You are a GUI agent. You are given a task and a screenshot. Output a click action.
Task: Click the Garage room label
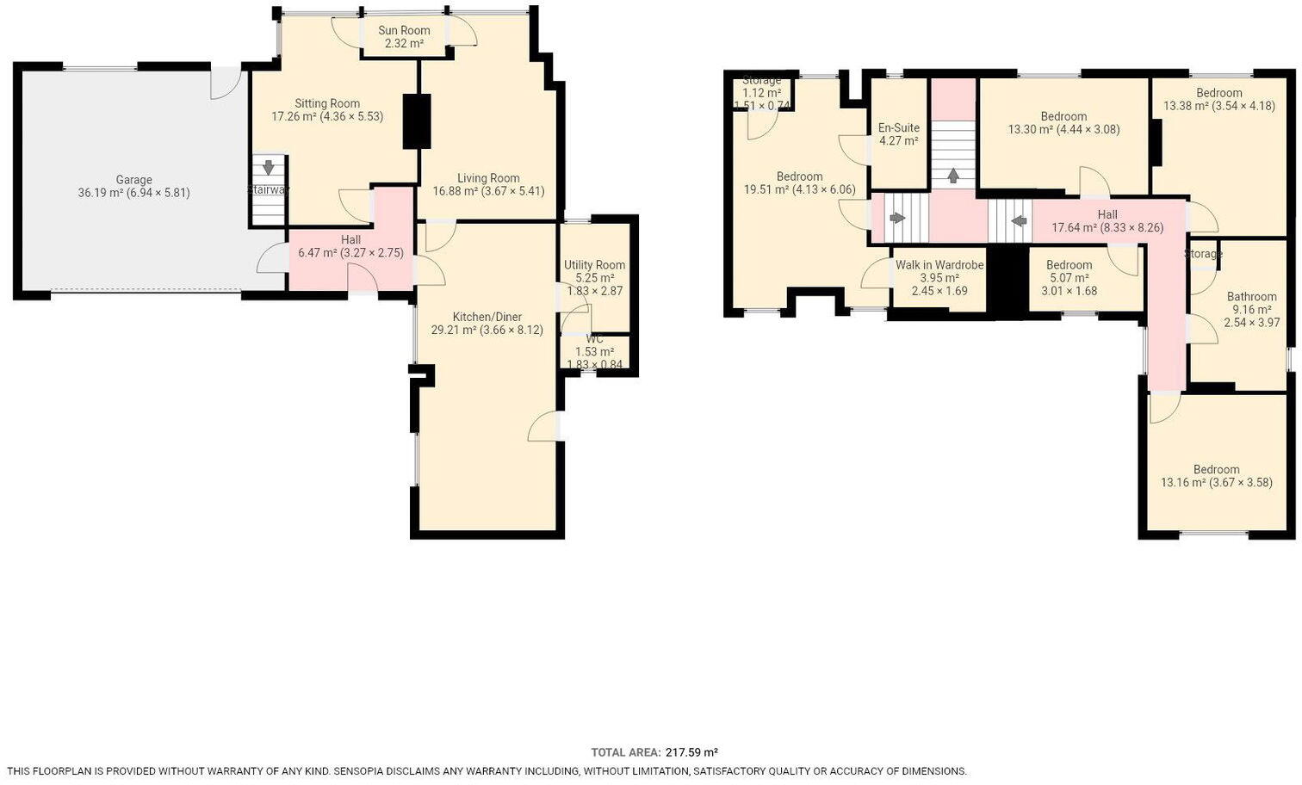click(133, 180)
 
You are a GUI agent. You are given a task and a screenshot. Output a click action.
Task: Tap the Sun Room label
click(404, 30)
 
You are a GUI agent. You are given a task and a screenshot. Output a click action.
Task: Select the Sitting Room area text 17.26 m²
click(293, 116)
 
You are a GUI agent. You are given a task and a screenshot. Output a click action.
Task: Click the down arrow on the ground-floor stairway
click(269, 167)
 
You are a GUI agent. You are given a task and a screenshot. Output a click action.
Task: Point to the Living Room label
click(488, 178)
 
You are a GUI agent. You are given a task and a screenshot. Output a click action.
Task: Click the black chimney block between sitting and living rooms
click(417, 121)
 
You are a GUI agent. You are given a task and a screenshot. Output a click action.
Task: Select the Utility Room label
click(594, 265)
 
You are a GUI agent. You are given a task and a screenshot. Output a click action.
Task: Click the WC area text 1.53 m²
click(594, 352)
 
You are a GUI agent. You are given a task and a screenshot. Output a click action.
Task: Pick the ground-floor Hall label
click(350, 239)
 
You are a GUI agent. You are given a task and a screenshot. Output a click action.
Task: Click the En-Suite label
click(898, 127)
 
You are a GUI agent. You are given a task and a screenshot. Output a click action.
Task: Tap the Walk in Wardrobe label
click(939, 265)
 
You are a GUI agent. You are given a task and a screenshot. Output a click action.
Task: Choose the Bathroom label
click(1251, 296)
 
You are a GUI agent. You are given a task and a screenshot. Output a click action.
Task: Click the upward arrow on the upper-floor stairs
click(953, 176)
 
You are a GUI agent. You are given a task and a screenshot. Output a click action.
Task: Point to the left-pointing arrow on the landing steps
click(1019, 221)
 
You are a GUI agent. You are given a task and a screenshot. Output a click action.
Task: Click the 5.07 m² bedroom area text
click(1069, 278)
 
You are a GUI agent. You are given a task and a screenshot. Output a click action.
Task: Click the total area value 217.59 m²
click(691, 751)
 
